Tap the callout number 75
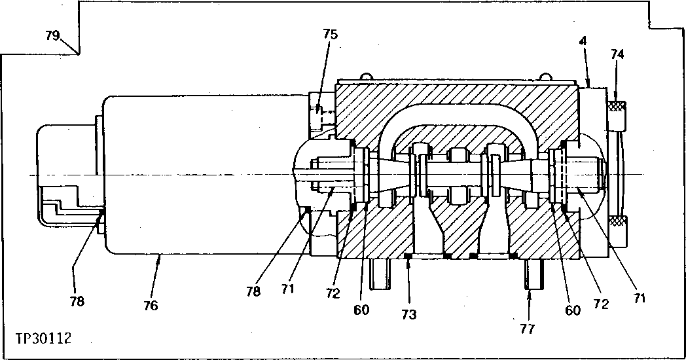click(331, 34)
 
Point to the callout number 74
click(617, 55)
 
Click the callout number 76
click(151, 305)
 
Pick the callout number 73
click(408, 314)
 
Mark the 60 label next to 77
click(573, 310)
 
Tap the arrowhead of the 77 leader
click(531, 293)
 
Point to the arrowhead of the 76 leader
click(159, 257)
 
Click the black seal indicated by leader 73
click(407, 256)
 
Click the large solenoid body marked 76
click(196, 173)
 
